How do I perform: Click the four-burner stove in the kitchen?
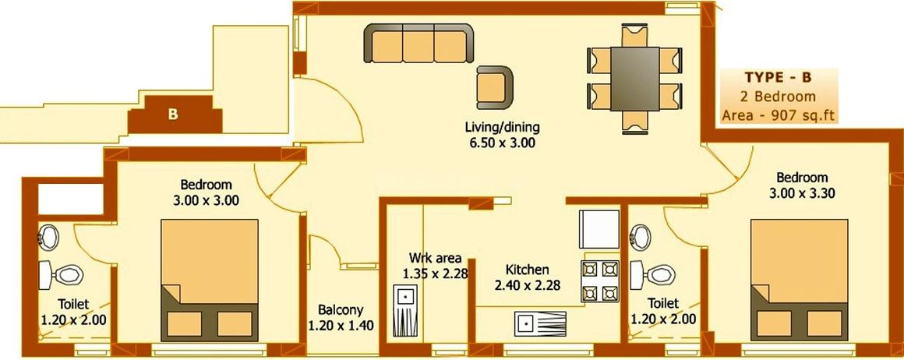point(599,282)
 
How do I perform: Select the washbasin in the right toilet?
point(642,235)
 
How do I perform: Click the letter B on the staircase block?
point(173,115)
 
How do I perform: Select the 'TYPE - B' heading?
point(779,78)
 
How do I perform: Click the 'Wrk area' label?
point(436,258)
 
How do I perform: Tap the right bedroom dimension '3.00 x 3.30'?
point(802,195)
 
